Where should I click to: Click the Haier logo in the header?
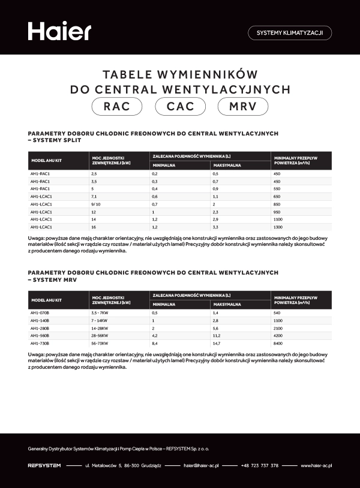click(59, 32)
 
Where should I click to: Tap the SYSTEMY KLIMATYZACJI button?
click(289, 33)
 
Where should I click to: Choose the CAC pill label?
click(180, 107)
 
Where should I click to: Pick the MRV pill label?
click(244, 107)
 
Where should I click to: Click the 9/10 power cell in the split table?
click(95, 204)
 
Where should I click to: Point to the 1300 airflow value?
click(277, 228)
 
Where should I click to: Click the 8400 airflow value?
click(277, 344)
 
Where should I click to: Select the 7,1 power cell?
click(94, 197)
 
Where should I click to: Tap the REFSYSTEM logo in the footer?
click(44, 465)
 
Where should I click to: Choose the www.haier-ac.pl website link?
click(316, 465)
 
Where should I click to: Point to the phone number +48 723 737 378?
click(259, 465)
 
